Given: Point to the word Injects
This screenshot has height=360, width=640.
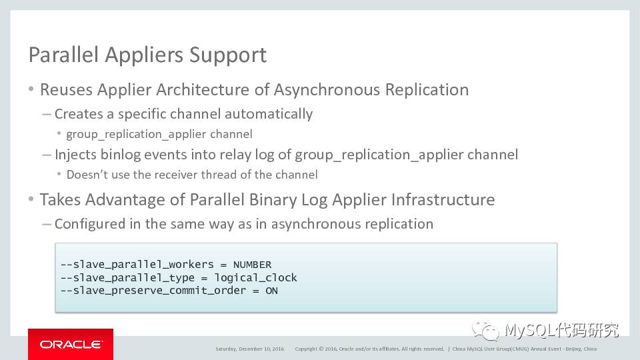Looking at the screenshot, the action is [75, 155].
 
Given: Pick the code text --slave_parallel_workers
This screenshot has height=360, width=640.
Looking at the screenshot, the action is [137, 265].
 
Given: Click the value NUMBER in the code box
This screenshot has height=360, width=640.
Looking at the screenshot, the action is [252, 265].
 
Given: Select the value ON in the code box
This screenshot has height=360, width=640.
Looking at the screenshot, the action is [271, 291].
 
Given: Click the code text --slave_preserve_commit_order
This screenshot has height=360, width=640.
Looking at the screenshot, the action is [156, 291].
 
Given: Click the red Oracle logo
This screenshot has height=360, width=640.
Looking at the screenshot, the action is [71, 345].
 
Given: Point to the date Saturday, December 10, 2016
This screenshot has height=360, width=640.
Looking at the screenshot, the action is [249, 349].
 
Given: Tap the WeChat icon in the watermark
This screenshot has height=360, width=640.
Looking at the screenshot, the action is [485, 331].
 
